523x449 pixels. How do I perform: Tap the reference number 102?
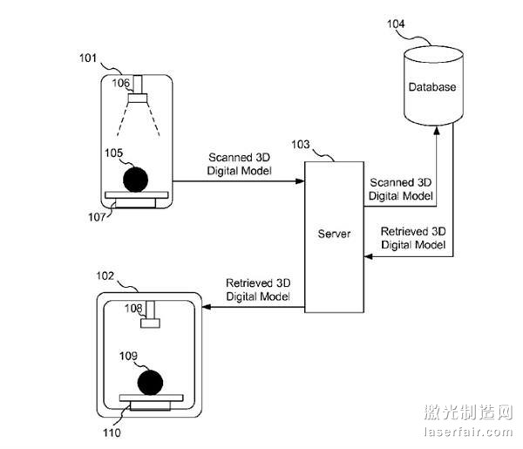(104, 276)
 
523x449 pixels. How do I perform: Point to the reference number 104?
(396, 25)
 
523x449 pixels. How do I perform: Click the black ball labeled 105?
(134, 179)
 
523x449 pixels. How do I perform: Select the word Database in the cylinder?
(433, 88)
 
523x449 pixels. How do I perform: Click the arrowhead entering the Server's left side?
(299, 180)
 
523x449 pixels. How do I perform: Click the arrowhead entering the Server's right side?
(368, 255)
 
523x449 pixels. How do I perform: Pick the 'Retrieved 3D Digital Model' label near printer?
(257, 290)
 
